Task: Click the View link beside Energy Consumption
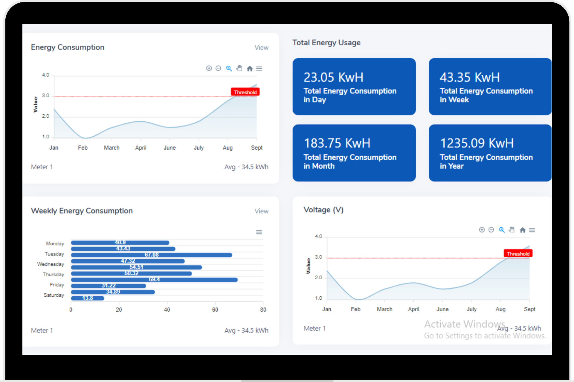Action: (261, 48)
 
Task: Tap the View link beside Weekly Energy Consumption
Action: (261, 211)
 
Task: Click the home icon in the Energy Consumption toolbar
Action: (250, 69)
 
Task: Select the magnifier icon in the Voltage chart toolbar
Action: (502, 230)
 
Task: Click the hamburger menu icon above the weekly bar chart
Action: (259, 232)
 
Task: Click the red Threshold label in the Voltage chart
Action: (518, 254)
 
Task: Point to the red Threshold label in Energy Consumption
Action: (245, 92)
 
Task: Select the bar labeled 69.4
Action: (154, 280)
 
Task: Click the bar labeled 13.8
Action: (88, 298)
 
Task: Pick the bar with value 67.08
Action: (152, 255)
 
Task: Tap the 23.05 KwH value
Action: (333, 78)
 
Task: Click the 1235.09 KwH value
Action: (477, 143)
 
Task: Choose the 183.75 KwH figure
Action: (337, 143)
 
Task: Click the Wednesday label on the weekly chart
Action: (51, 264)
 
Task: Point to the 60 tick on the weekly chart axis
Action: (215, 310)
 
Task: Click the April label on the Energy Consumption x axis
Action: (141, 148)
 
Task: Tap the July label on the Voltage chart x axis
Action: (471, 309)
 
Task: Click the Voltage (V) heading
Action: (323, 210)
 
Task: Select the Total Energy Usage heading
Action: (326, 43)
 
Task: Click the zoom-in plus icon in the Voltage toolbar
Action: (482, 230)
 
